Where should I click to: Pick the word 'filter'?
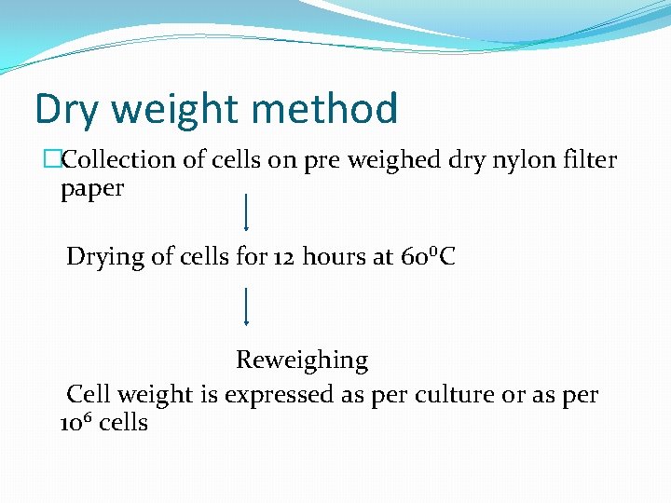click(x=587, y=160)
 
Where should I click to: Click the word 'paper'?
click(x=92, y=189)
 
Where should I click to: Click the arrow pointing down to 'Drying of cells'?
click(x=245, y=212)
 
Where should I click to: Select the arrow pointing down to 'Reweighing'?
click(x=245, y=306)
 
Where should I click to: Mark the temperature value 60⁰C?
click(x=427, y=257)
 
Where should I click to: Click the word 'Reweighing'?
click(x=302, y=360)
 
